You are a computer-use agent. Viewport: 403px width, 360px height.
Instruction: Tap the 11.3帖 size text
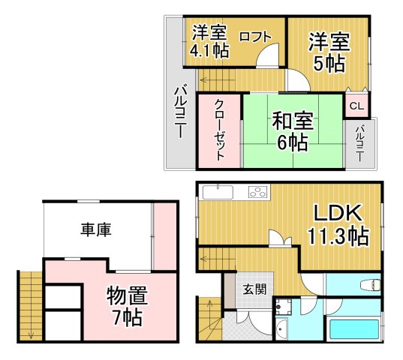point(337,236)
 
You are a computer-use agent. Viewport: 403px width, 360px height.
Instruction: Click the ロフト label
point(255,37)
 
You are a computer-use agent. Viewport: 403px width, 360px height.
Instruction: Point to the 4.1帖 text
point(210,51)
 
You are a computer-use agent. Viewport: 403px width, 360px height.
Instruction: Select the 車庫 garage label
point(96,229)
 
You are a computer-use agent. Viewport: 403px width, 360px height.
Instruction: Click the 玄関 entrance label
point(254,289)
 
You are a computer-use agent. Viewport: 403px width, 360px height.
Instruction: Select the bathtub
point(353,327)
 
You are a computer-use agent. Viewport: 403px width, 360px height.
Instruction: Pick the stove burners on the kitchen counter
point(257,192)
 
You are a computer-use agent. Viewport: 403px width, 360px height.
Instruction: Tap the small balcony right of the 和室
point(361,142)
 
